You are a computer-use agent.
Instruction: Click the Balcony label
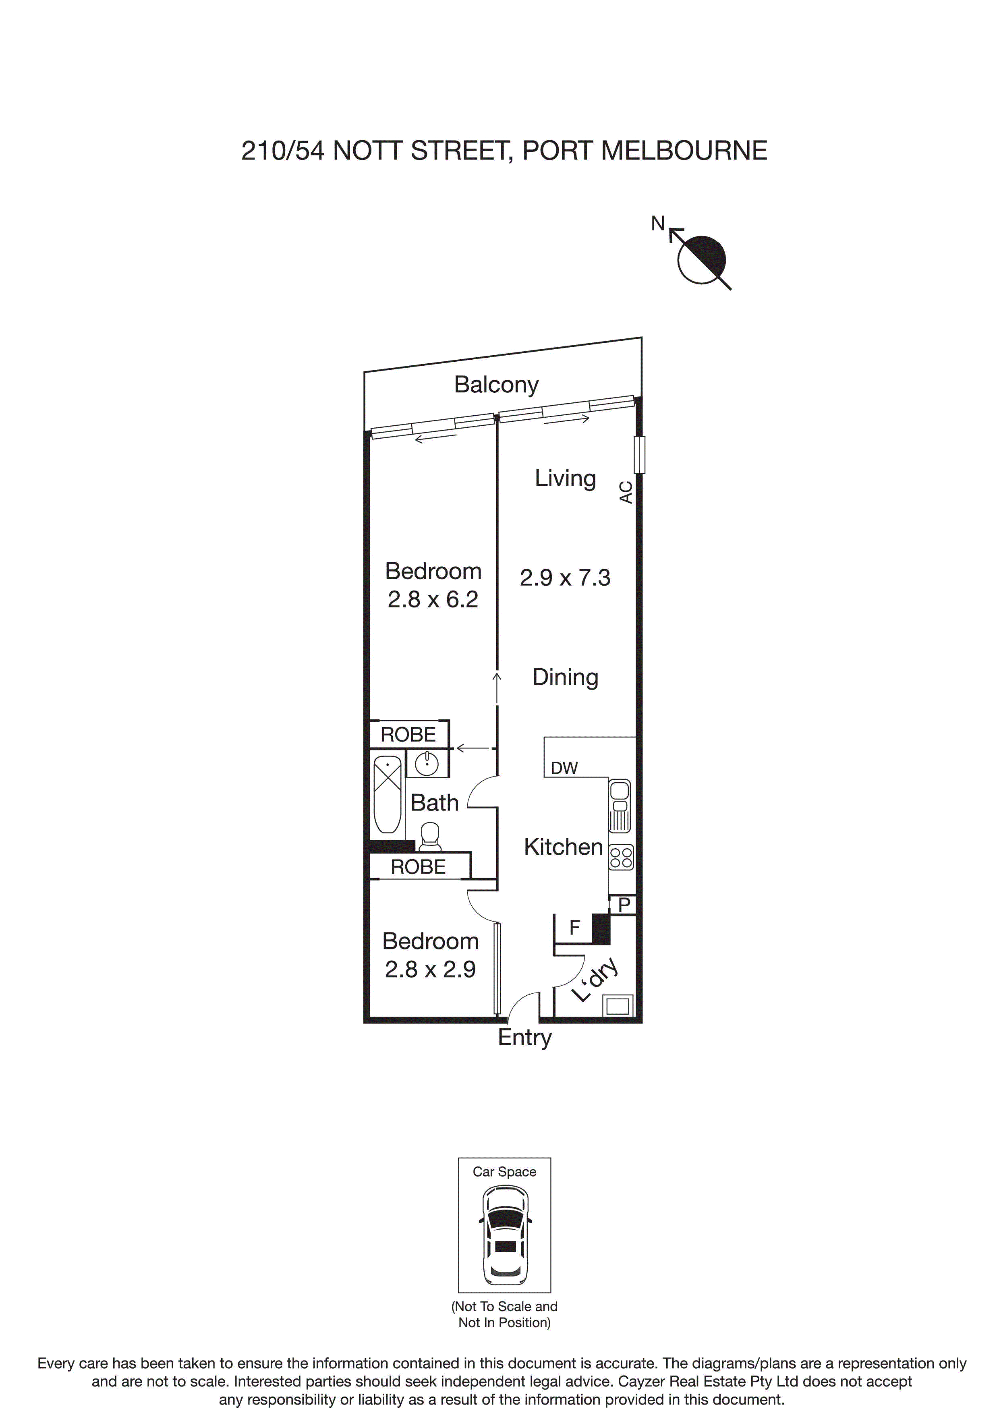point(496,385)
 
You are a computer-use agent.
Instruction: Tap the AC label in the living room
point(625,492)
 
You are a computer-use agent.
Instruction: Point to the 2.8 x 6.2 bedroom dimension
point(432,599)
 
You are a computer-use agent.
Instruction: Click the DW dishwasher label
point(564,768)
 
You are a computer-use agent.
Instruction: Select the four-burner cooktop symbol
point(620,857)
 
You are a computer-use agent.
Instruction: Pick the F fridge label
point(574,928)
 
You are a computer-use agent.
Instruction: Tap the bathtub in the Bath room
point(388,794)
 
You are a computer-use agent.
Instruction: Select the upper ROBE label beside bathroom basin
point(408,735)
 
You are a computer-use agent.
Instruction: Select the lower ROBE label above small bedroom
point(418,867)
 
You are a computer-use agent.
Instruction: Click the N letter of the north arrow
point(658,224)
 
